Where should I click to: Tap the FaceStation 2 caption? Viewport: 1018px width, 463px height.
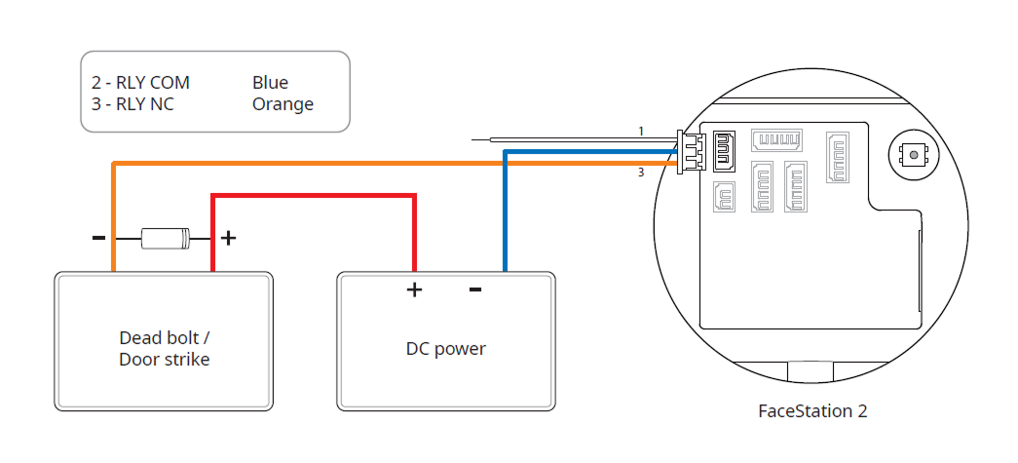click(812, 410)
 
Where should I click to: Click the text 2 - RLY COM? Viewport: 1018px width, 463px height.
click(140, 83)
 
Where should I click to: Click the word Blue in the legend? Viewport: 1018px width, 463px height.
click(270, 83)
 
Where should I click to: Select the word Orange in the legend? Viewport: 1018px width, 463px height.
click(283, 104)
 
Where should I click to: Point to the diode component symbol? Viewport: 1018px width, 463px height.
click(165, 237)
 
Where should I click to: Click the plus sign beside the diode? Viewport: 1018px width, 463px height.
click(228, 237)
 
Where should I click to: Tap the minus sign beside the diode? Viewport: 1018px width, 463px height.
click(98, 237)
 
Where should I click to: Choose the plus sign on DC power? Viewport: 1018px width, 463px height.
click(413, 289)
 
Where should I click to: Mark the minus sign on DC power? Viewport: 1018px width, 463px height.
click(474, 289)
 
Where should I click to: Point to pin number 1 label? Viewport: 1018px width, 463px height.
click(641, 131)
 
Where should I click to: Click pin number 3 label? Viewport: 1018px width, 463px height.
click(641, 174)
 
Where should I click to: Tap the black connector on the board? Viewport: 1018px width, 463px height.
click(725, 147)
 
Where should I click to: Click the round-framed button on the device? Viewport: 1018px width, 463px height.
click(913, 154)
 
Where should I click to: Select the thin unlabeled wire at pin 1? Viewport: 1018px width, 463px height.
click(575, 140)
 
